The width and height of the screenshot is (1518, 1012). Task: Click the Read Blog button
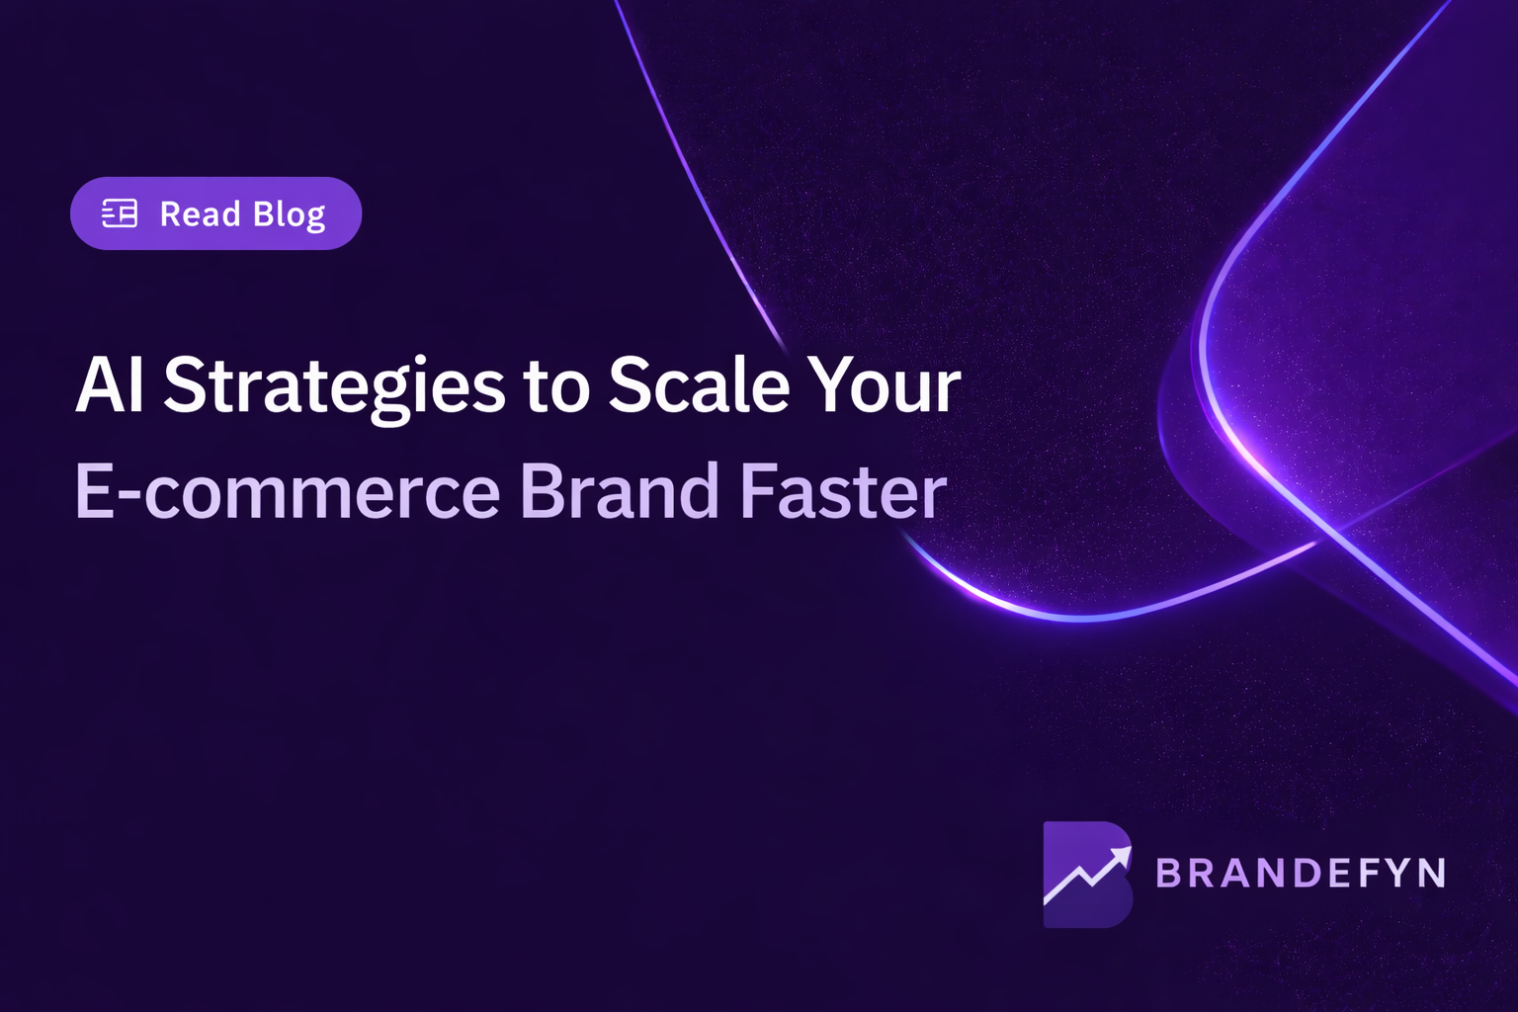pyautogui.click(x=215, y=213)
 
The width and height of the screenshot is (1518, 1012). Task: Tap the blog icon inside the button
pyautogui.click(x=120, y=213)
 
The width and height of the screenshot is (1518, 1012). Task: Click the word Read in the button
pyautogui.click(x=200, y=213)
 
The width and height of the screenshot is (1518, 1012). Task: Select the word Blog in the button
pyautogui.click(x=289, y=215)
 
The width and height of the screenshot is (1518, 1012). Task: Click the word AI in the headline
pyautogui.click(x=109, y=385)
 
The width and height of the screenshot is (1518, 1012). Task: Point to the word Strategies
pyautogui.click(x=334, y=387)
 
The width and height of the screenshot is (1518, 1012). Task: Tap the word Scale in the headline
pyautogui.click(x=698, y=385)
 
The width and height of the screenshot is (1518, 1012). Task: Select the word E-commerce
pyautogui.click(x=288, y=492)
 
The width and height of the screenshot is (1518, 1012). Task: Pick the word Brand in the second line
pyautogui.click(x=619, y=491)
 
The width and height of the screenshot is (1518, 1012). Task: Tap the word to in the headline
pyautogui.click(x=555, y=387)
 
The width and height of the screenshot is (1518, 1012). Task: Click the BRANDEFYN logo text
pyautogui.click(x=1300, y=874)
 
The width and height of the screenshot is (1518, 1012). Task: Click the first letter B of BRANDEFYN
pyautogui.click(x=1169, y=874)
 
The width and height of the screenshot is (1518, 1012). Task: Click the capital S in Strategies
pyautogui.click(x=184, y=385)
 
